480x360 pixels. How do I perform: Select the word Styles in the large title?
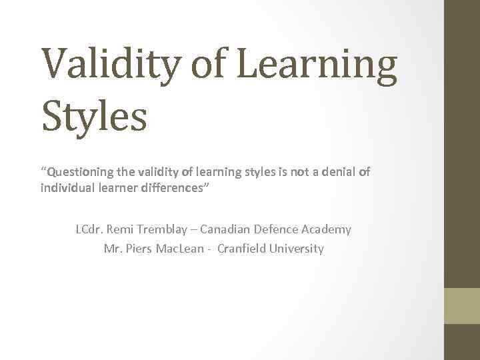(x=94, y=115)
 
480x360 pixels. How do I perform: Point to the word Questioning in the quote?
(x=77, y=173)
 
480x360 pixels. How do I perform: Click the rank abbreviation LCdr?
(x=89, y=229)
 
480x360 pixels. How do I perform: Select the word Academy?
(x=328, y=229)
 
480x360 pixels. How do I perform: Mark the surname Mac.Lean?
(x=186, y=249)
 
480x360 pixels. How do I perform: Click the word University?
(x=298, y=249)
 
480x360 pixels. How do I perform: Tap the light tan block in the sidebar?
(x=462, y=305)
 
